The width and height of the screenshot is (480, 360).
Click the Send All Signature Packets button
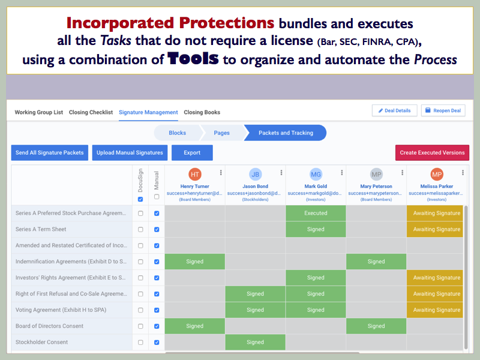pyautogui.click(x=50, y=153)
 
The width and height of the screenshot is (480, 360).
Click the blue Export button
pyautogui.click(x=192, y=153)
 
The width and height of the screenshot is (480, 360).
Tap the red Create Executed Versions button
pyautogui.click(x=432, y=153)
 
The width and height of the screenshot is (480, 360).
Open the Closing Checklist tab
pyautogui.click(x=91, y=112)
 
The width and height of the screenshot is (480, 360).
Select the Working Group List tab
pyautogui.click(x=38, y=112)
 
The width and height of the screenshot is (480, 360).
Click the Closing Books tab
pyautogui.click(x=202, y=112)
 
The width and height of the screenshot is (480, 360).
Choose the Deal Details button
pyautogui.click(x=394, y=110)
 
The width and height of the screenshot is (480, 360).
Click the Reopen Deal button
pyautogui.click(x=443, y=110)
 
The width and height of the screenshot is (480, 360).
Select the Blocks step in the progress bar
pyautogui.click(x=177, y=133)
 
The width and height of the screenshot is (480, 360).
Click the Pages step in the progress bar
pyautogui.click(x=221, y=133)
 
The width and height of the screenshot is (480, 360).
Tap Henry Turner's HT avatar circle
pyautogui.click(x=195, y=175)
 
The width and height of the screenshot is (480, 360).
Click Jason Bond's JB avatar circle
pyautogui.click(x=255, y=175)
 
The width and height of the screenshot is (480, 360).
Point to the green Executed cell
pyautogui.click(x=316, y=213)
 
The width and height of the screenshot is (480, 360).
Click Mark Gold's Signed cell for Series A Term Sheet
pyautogui.click(x=316, y=229)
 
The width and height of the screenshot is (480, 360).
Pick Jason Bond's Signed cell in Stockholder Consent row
pyautogui.click(x=255, y=342)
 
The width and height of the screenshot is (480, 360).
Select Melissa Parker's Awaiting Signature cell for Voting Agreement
pyautogui.click(x=436, y=310)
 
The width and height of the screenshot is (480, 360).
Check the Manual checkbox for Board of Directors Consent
pyautogui.click(x=157, y=326)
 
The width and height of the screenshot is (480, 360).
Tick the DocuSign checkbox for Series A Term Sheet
pyautogui.click(x=140, y=229)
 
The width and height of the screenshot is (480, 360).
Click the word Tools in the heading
pyautogui.click(x=193, y=59)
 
